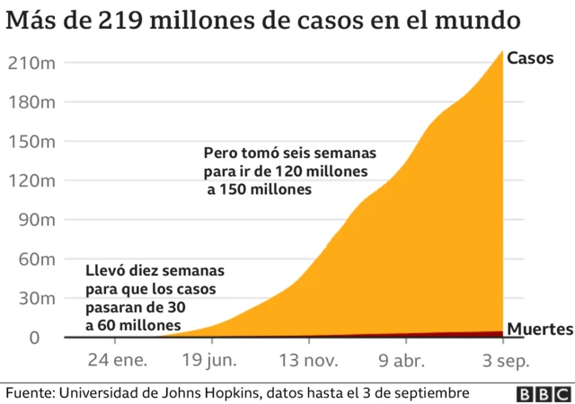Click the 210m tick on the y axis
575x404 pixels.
(31, 63)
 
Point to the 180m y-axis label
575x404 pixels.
(31, 102)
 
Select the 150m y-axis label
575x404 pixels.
(31, 142)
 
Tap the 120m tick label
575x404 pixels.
(31, 180)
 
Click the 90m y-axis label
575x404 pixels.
(36, 220)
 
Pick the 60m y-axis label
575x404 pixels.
(36, 259)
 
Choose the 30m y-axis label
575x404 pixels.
(36, 299)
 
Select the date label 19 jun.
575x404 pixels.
(211, 362)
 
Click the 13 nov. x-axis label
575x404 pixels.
(308, 362)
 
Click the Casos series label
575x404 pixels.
(531, 58)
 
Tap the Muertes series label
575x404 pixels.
(540, 329)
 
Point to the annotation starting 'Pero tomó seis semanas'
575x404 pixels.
(289, 171)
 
